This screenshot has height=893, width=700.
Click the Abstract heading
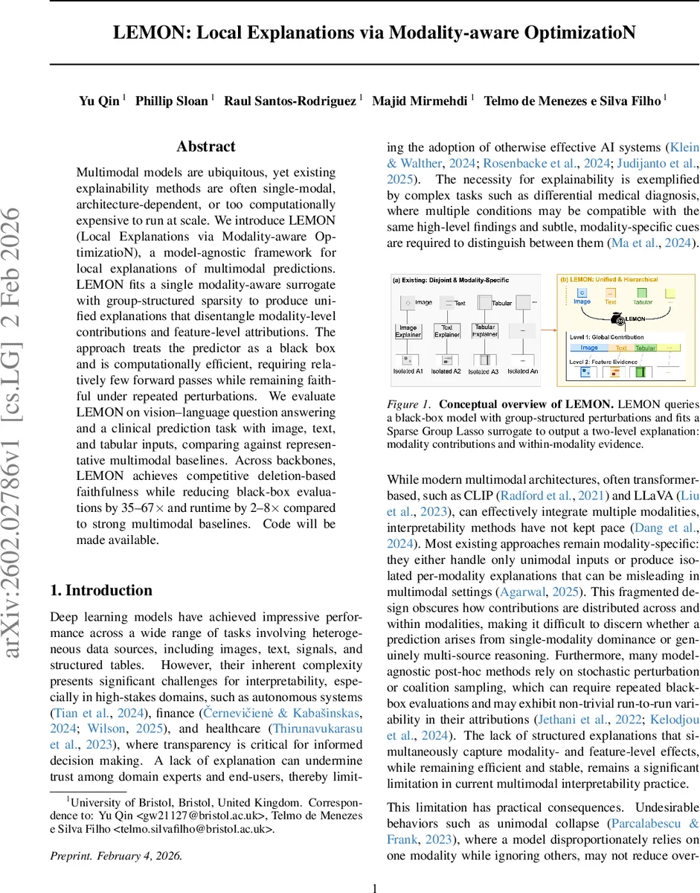206,147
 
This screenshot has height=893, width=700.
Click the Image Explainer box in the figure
408,330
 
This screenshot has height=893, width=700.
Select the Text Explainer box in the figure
447,330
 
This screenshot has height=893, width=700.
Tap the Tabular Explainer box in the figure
484,330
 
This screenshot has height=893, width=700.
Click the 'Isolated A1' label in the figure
408,371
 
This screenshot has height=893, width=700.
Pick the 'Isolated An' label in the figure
523,371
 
